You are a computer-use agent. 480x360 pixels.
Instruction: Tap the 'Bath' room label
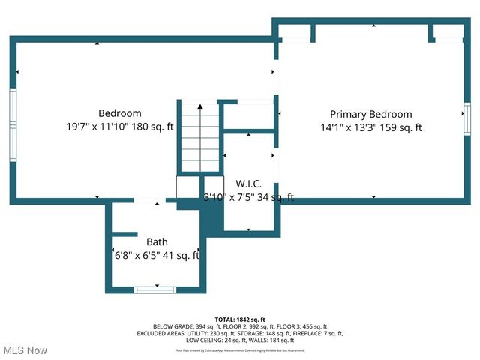click(157, 241)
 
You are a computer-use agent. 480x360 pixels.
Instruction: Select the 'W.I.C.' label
click(248, 183)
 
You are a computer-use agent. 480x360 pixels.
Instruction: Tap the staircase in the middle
click(199, 139)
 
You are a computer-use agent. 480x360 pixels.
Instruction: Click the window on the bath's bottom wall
click(155, 289)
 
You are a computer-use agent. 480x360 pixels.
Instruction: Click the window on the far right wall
click(466, 120)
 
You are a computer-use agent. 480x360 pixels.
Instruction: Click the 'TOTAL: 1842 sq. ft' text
click(240, 319)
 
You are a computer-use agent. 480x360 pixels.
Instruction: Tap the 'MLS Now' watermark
click(25, 350)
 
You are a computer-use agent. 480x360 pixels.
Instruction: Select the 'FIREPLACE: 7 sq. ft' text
click(316, 333)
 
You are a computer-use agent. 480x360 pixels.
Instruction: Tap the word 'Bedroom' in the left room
click(120, 113)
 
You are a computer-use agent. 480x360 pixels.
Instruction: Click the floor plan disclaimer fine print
click(240, 349)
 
